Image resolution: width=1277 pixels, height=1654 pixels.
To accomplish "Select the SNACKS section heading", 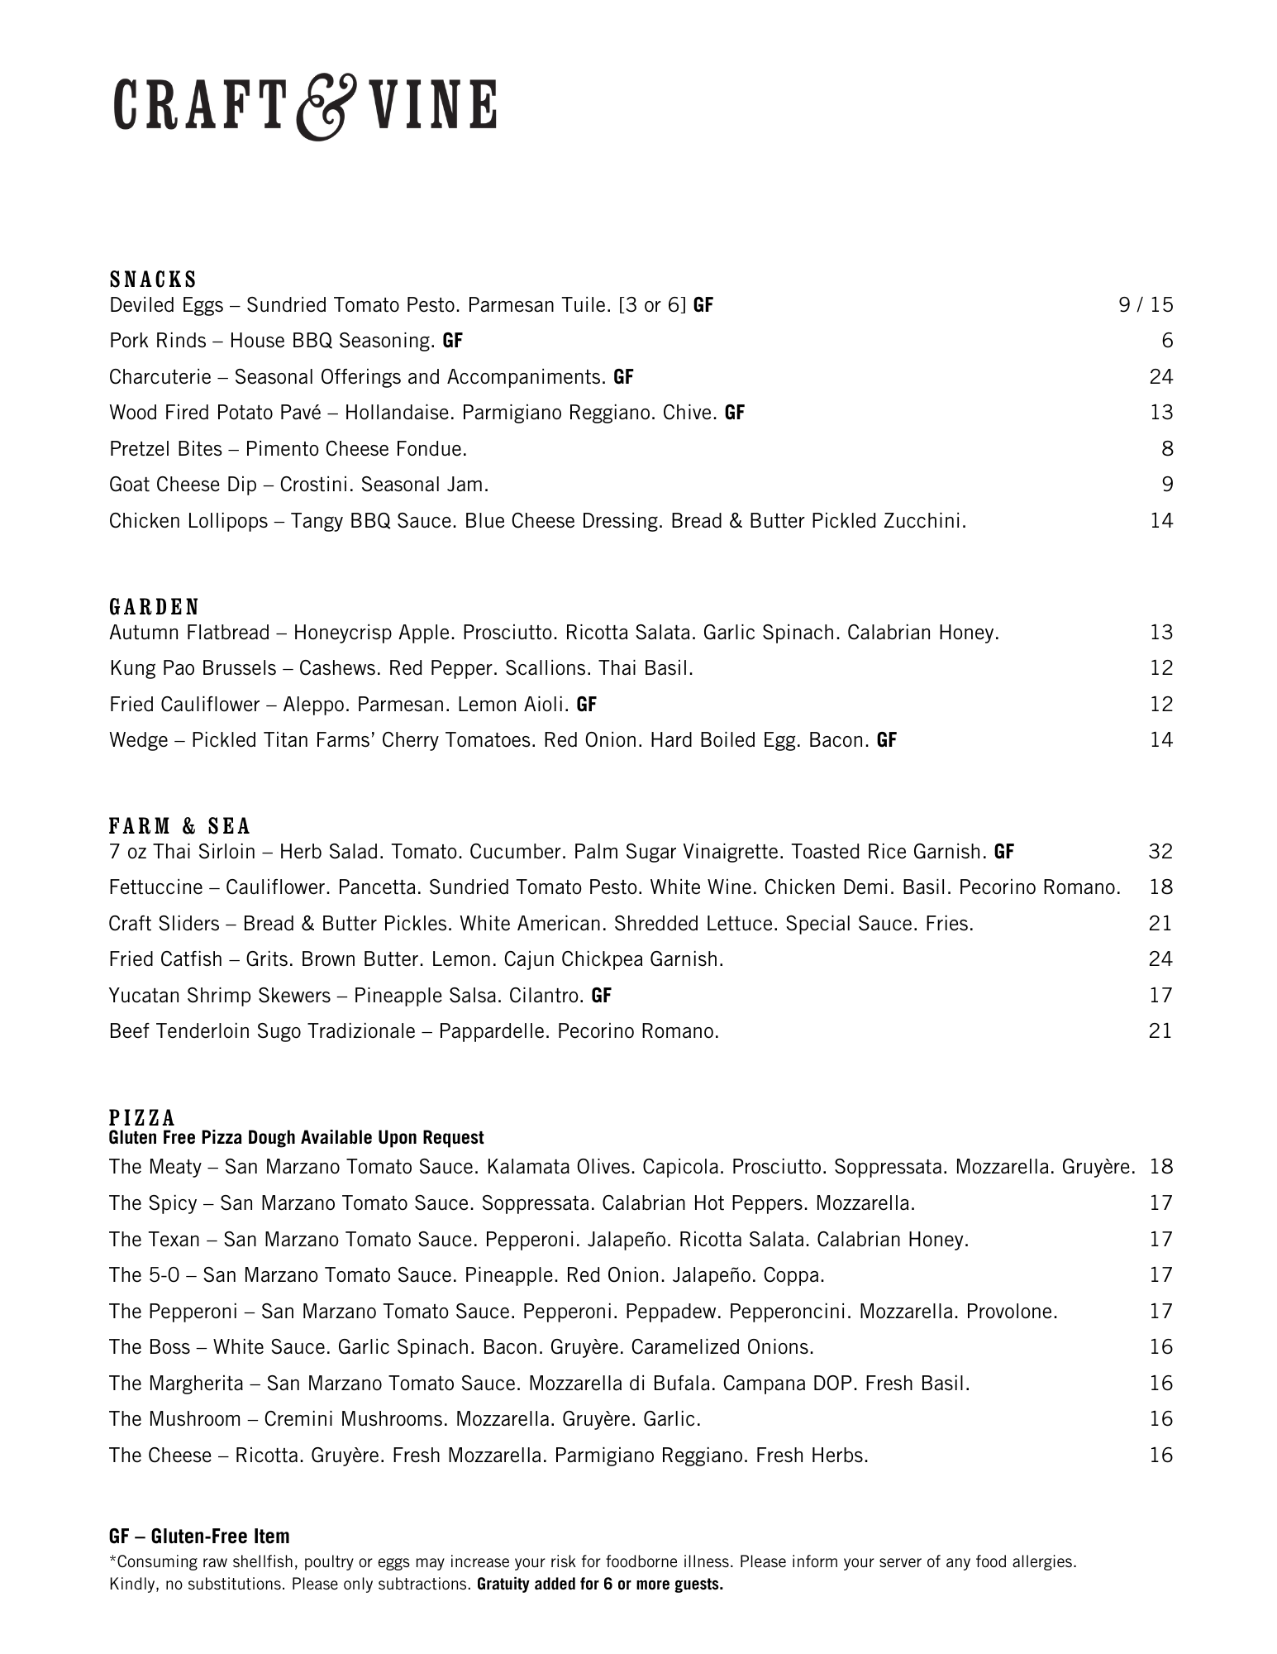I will click(x=153, y=279).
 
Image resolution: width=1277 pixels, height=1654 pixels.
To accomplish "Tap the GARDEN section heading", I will click(x=155, y=607).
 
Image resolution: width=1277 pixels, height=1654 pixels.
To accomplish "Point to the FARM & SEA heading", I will click(x=179, y=826).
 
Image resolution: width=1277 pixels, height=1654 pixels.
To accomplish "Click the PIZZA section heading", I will click(x=142, y=1118).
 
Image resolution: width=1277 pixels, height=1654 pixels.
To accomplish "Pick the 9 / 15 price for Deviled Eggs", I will click(x=1146, y=305).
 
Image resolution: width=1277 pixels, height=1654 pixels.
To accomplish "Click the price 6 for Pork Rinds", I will click(x=1166, y=341).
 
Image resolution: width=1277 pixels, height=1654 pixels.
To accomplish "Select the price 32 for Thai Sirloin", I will click(x=1160, y=851).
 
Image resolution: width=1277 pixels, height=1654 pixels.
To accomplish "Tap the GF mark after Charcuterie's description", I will click(x=623, y=377).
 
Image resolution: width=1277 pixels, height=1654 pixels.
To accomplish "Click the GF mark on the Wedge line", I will click(x=887, y=740).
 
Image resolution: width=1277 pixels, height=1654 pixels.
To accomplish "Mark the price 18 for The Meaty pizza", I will click(x=1161, y=1167).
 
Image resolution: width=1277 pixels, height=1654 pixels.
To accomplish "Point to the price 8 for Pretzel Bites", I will click(x=1166, y=449).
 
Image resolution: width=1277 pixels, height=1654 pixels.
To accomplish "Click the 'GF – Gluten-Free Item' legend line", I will click(x=199, y=1537).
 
